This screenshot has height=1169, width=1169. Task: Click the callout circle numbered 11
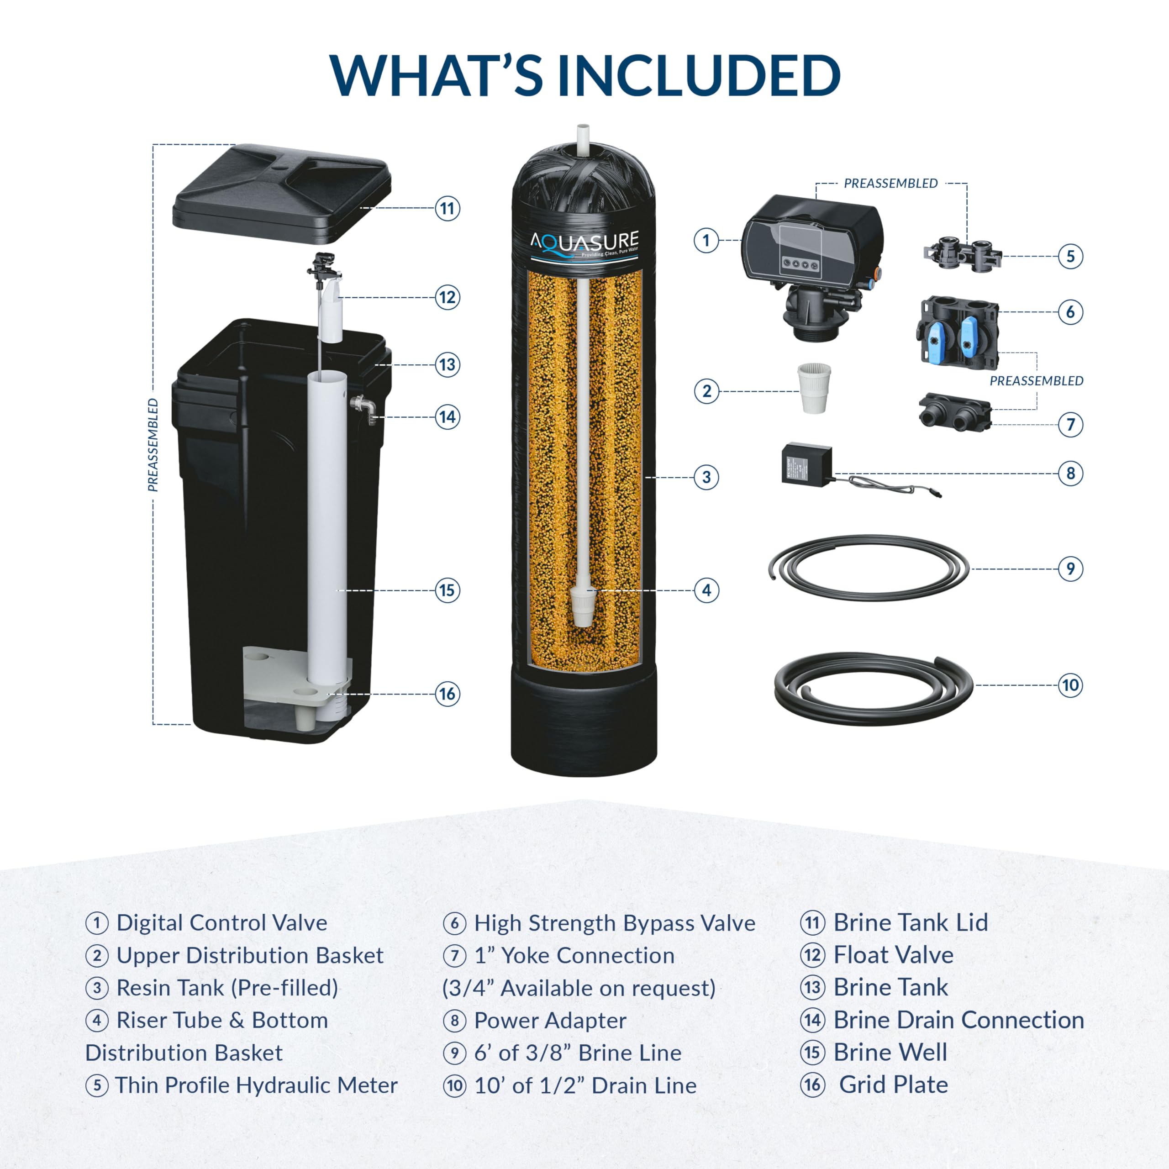click(x=447, y=209)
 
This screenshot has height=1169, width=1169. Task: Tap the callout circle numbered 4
click(x=706, y=590)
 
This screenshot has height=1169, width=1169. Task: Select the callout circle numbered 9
click(x=1070, y=569)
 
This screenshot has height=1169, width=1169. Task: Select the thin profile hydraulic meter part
click(x=962, y=254)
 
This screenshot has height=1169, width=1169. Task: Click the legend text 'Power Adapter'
click(x=549, y=1020)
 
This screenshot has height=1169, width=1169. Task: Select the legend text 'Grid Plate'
click(x=893, y=1085)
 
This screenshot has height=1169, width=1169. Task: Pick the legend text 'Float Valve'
click(x=893, y=955)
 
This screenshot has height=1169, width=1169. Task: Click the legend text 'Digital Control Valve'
click(x=221, y=923)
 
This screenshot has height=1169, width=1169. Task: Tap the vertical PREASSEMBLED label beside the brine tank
click(x=153, y=445)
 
